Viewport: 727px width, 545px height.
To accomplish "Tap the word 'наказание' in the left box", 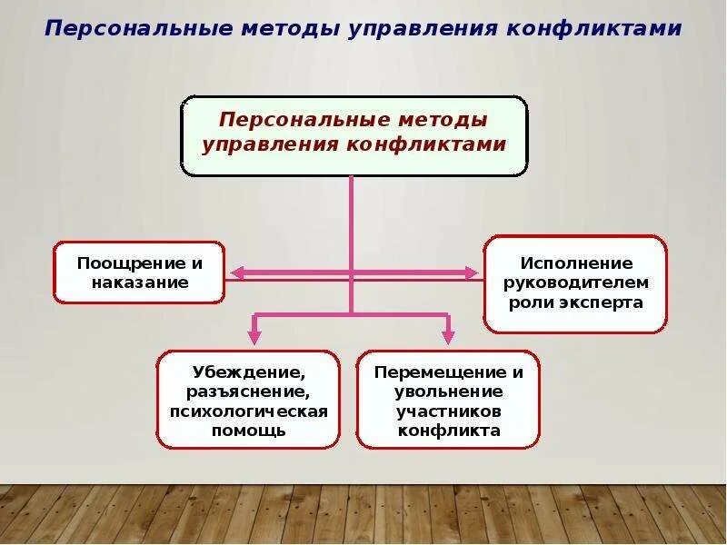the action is pos(139,282).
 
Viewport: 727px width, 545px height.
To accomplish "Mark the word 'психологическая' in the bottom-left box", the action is pos(248,411).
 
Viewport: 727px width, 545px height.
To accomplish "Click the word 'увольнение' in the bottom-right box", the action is pos(448,392).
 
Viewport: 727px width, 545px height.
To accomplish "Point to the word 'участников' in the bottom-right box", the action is pos(448,411).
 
